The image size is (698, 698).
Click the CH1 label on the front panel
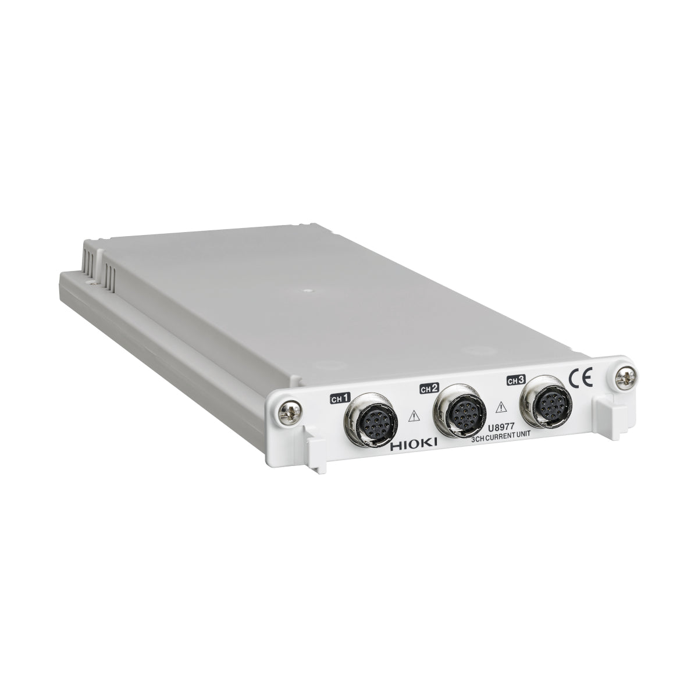pyautogui.click(x=340, y=398)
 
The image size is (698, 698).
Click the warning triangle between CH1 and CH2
pyautogui.click(x=414, y=415)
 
